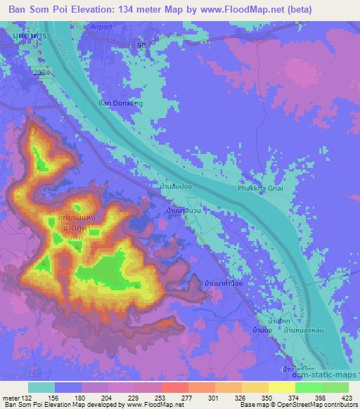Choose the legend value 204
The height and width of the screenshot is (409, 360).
tap(107, 396)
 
